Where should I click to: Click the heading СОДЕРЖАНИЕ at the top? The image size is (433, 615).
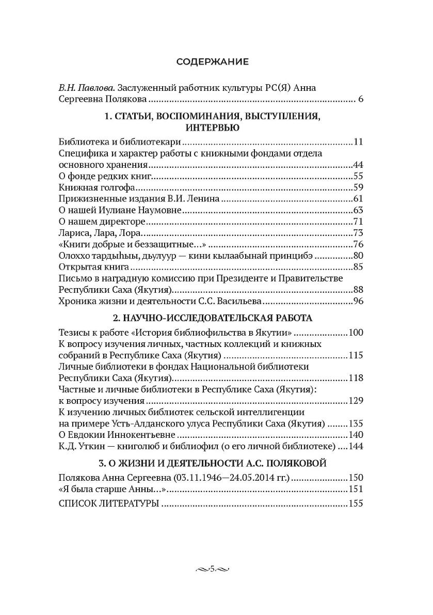point(212,62)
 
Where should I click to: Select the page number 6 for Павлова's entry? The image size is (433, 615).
point(361,99)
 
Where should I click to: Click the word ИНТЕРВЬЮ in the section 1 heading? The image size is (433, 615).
point(212,128)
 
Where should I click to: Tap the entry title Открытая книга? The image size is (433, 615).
point(93,267)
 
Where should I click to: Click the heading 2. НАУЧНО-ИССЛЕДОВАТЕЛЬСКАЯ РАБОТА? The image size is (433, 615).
point(212,317)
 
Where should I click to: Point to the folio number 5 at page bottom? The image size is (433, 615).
point(212,569)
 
